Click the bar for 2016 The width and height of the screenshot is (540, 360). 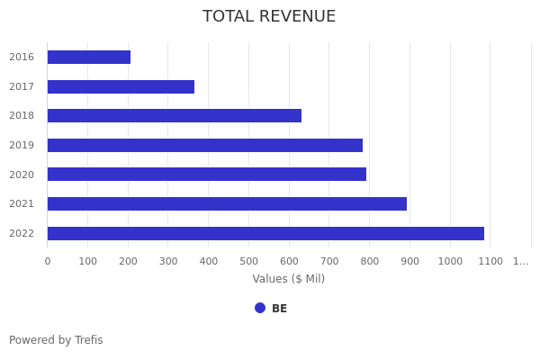[x=89, y=58]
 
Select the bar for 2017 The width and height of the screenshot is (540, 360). [x=121, y=87]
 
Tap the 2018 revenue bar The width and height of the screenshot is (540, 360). [x=175, y=116]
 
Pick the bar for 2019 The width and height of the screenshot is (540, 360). [x=205, y=146]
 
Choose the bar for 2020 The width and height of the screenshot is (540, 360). [x=207, y=175]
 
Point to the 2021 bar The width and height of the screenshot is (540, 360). [x=227, y=204]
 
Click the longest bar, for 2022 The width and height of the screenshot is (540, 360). [x=265, y=234]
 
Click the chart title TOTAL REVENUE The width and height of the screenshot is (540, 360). [x=269, y=17]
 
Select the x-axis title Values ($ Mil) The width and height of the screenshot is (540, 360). [x=288, y=279]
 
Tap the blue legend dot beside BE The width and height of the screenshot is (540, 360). [x=260, y=308]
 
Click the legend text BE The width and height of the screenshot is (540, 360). [x=279, y=309]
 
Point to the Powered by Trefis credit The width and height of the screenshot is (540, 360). [x=56, y=340]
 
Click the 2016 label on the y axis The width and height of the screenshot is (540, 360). [x=22, y=58]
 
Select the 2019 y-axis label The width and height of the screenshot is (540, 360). [x=22, y=146]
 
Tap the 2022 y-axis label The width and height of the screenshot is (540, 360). [x=22, y=234]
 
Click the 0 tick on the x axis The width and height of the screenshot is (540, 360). [x=48, y=262]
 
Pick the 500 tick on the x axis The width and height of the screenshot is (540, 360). [x=248, y=262]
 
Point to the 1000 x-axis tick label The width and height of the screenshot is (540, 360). [x=450, y=262]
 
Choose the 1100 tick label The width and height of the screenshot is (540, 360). [x=490, y=262]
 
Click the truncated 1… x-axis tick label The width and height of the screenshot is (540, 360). [x=521, y=262]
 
